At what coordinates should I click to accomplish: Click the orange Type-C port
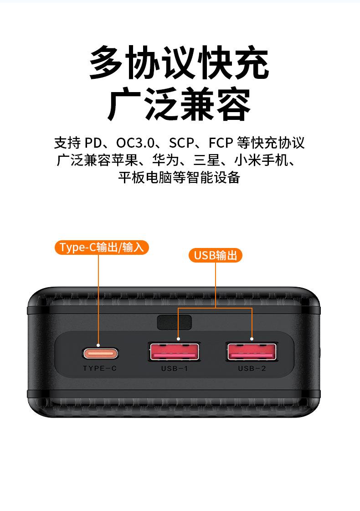(100, 353)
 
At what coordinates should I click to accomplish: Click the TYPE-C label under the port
(100, 368)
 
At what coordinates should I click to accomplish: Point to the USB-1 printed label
(174, 368)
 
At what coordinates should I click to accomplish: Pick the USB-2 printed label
(252, 368)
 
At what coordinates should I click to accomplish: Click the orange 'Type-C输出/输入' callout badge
(102, 248)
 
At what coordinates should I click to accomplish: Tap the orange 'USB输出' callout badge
(216, 255)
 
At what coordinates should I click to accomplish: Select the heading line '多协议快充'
(180, 63)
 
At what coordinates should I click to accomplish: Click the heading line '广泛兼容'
(180, 105)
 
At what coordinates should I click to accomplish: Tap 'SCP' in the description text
(181, 143)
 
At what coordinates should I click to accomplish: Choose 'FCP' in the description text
(221, 143)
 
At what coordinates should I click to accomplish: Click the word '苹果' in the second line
(135, 160)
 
